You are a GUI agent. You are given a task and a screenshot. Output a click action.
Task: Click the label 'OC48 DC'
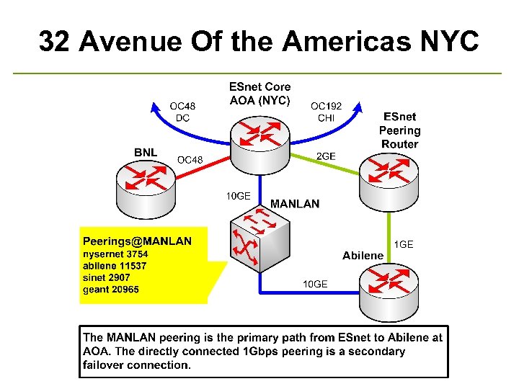[182, 112]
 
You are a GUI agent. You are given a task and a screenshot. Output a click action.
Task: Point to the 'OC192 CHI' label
[326, 112]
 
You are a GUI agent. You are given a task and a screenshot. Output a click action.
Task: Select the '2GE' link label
[326, 156]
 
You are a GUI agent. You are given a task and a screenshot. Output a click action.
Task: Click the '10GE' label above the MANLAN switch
[238, 195]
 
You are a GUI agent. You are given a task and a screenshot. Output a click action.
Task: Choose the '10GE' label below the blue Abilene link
[314, 284]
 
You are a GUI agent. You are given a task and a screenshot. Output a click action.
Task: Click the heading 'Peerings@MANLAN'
[137, 241]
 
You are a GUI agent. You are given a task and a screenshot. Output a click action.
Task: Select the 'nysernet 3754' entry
[115, 254]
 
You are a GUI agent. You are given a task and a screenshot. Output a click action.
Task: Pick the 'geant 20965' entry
[111, 290]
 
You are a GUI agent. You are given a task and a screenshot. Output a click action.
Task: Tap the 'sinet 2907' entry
[108, 277]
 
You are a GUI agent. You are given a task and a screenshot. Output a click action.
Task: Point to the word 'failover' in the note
[104, 365]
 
